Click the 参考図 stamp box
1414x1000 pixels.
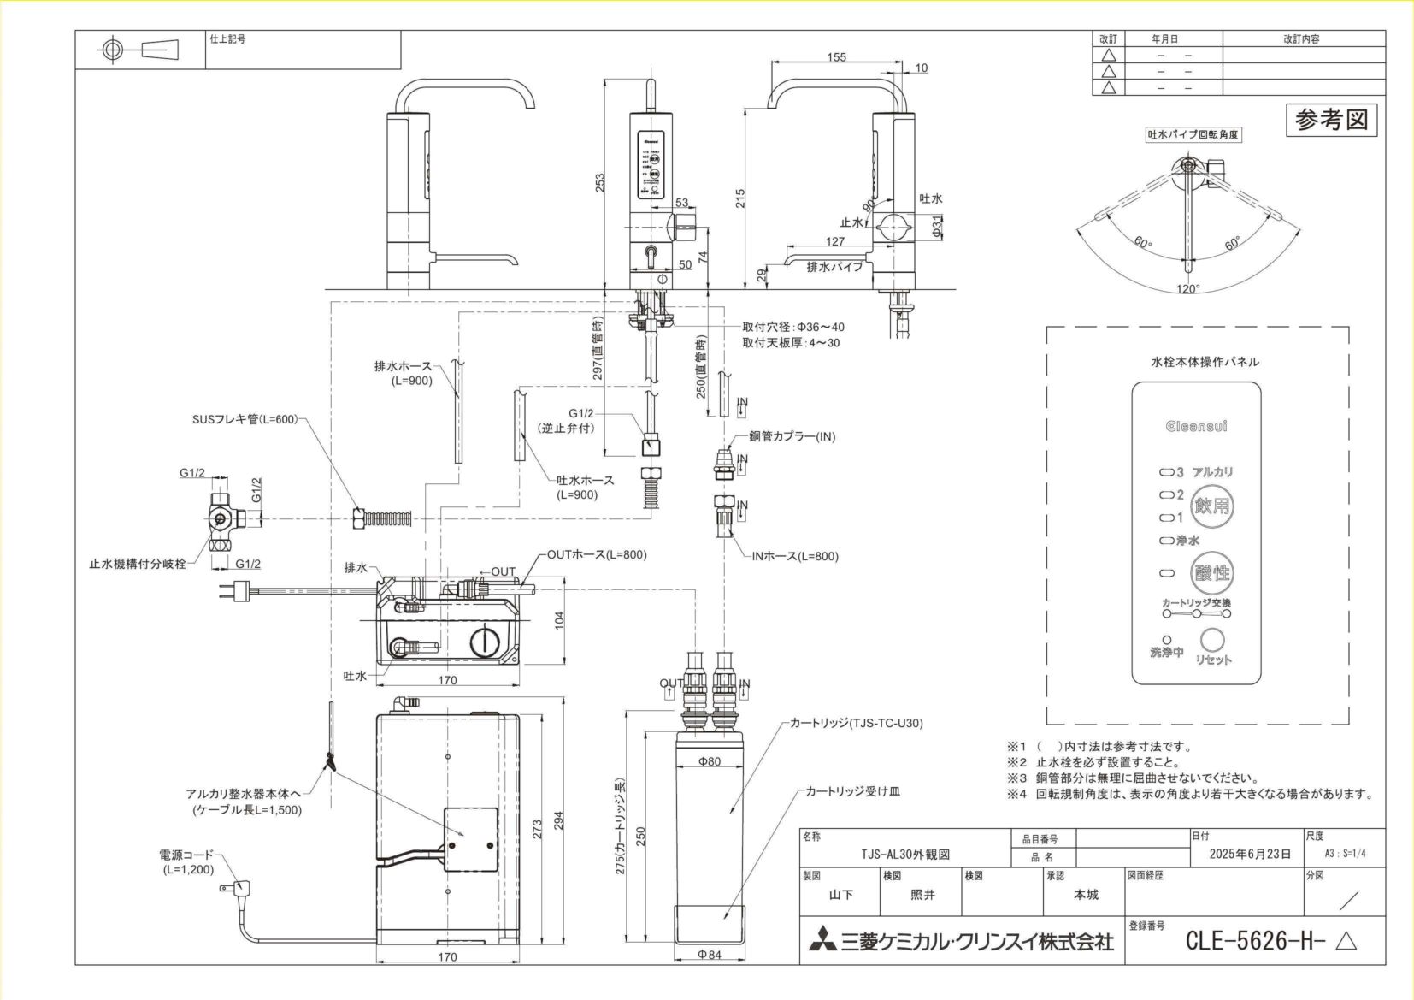tap(1331, 120)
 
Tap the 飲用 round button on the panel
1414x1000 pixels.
tap(1212, 506)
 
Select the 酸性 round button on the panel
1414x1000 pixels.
tap(1212, 572)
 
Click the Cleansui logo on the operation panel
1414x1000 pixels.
tap(1196, 426)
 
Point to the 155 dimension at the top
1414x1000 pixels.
tap(836, 57)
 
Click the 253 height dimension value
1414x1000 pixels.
tap(600, 182)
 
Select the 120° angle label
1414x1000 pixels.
tap(1187, 289)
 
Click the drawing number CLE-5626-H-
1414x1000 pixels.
tap(1255, 941)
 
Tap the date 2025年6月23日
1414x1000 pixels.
tap(1249, 854)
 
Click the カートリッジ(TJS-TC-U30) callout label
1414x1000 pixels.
tap(856, 723)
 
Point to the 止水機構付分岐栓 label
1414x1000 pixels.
tap(138, 564)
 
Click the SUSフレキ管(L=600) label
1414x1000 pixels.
tap(245, 419)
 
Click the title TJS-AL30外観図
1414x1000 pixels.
tap(904, 854)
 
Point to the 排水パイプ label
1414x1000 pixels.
tap(834, 267)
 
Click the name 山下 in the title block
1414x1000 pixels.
tap(840, 895)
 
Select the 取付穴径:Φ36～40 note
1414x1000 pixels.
tap(792, 327)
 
